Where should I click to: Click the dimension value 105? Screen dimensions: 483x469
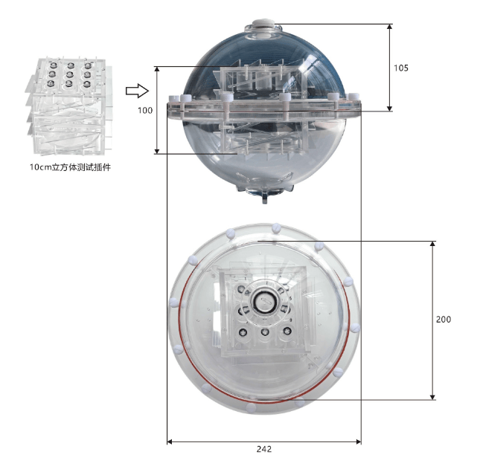click(x=401, y=68)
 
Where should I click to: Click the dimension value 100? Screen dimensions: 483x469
click(x=145, y=110)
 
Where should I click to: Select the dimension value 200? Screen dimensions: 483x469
click(x=444, y=320)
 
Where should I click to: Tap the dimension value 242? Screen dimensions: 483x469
click(x=264, y=450)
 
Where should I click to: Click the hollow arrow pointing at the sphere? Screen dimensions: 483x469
click(x=137, y=91)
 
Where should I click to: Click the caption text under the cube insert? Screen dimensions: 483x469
click(x=70, y=167)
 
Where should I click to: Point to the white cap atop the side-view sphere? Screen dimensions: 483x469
click(x=263, y=23)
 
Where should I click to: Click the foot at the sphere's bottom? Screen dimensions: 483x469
click(x=265, y=198)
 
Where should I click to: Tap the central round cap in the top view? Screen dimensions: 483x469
click(x=264, y=301)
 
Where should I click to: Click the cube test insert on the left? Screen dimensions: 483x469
click(x=69, y=106)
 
